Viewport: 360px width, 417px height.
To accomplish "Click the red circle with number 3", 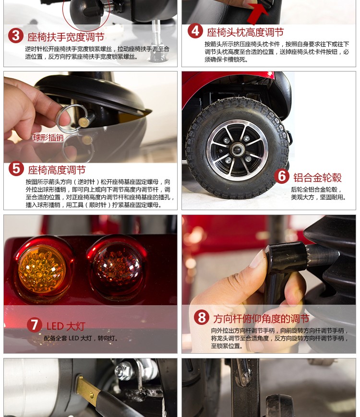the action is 16,36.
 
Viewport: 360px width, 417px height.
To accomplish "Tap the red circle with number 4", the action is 195,31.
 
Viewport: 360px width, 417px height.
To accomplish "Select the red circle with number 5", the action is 16,168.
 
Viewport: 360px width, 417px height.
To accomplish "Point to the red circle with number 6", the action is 282,176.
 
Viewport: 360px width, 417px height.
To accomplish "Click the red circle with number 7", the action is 35,325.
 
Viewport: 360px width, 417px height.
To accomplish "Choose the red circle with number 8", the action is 202,317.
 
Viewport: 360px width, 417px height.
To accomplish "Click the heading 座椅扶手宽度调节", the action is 66,37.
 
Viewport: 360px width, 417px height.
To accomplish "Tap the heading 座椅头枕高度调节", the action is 245,32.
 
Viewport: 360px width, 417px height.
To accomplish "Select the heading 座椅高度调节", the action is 57,170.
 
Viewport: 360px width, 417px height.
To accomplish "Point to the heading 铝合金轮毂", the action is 317,178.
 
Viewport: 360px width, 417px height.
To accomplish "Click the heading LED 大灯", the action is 66,326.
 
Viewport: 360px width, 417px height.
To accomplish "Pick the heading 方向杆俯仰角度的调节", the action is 261,318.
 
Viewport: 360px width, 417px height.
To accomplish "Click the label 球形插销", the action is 48,138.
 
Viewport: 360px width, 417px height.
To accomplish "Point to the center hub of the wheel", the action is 237,150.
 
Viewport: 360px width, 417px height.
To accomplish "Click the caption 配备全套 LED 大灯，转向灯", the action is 81,338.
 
